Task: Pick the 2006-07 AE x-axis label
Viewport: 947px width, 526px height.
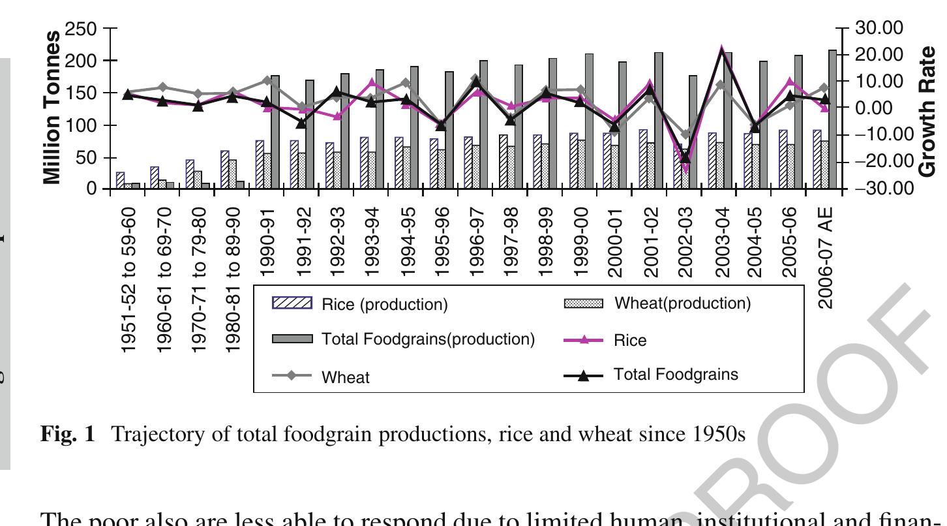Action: tap(826, 258)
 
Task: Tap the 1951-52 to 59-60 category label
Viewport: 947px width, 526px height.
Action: tap(129, 280)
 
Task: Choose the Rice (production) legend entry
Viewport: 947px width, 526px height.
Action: tap(360, 305)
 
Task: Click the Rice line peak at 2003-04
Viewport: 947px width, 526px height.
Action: tap(721, 50)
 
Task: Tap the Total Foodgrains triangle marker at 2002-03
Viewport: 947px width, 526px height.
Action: tap(685, 157)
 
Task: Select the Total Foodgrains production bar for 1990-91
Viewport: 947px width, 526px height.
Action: tap(275, 132)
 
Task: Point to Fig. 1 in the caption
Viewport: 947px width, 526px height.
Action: tap(68, 434)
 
